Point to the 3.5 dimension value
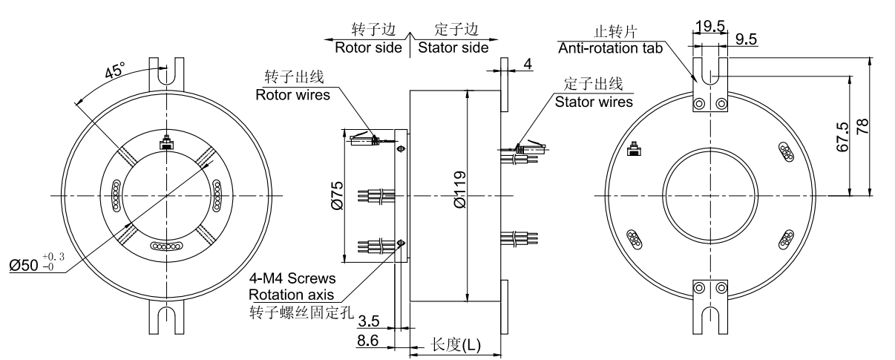[x=368, y=322]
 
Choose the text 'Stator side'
[x=452, y=48]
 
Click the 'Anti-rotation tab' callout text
[x=609, y=48]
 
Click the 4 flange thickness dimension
[x=528, y=65]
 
